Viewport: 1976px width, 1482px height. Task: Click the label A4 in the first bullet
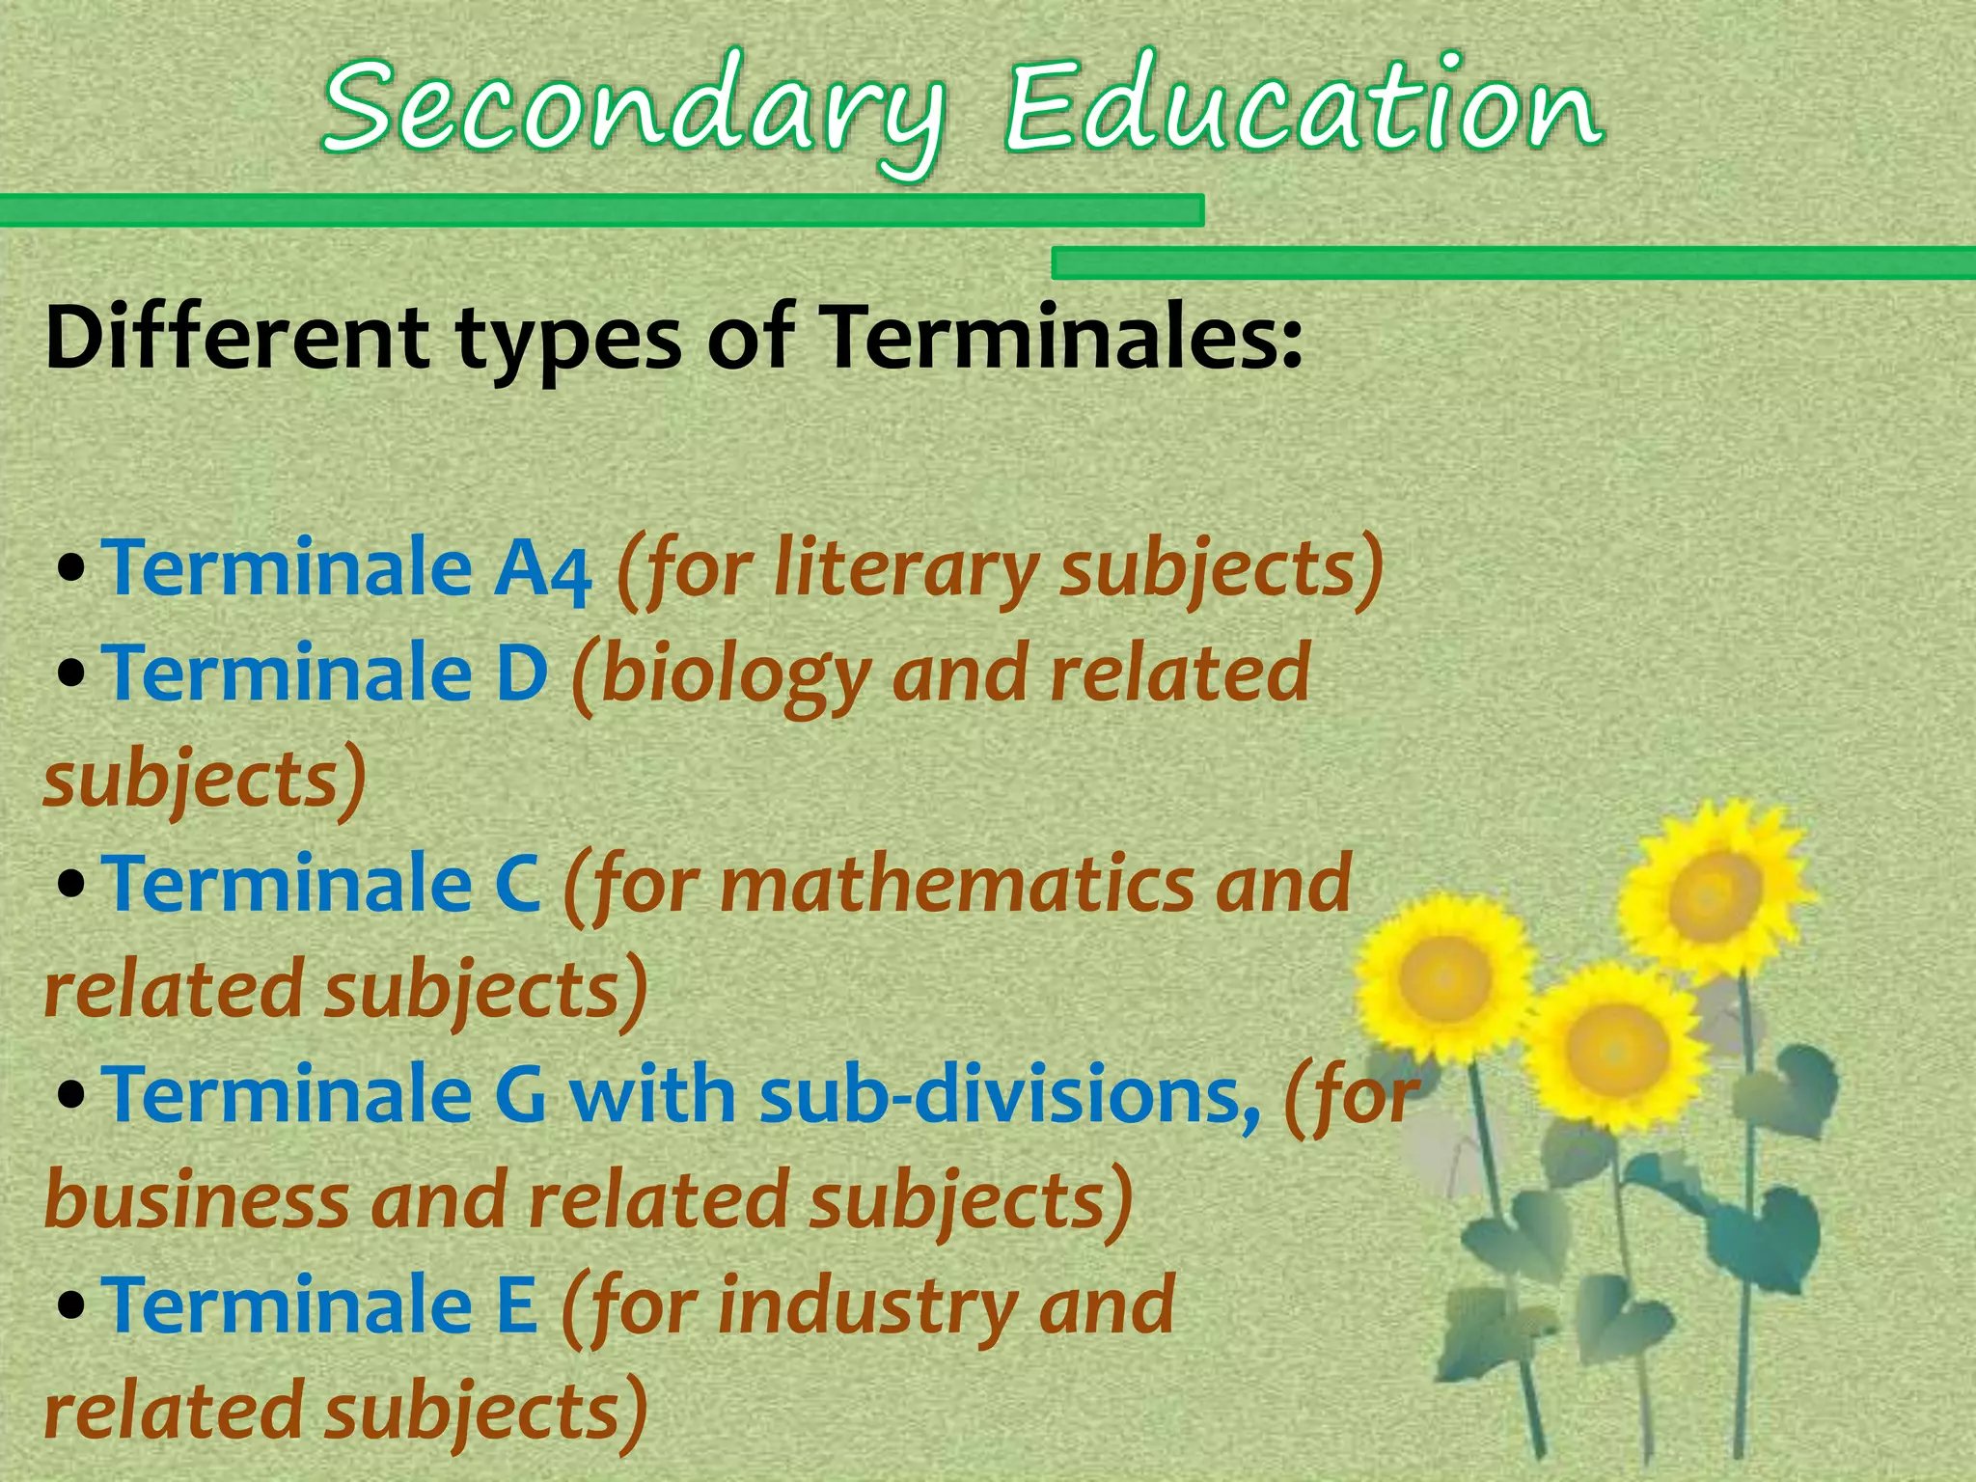[542, 569]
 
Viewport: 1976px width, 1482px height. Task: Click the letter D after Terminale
[521, 672]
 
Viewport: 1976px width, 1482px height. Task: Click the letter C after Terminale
[517, 883]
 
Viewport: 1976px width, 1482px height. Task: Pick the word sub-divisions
[1009, 1095]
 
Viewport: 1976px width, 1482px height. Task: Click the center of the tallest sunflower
[1715, 893]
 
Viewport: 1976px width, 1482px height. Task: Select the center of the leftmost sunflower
[1444, 976]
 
